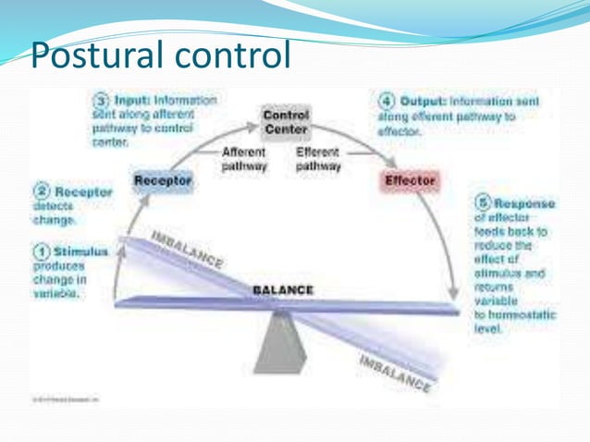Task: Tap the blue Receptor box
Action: coord(163,181)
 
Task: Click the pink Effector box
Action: coord(408,181)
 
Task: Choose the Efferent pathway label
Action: coord(317,159)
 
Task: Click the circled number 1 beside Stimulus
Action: coord(41,251)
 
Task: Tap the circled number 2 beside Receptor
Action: coord(41,192)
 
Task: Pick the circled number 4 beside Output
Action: coord(387,100)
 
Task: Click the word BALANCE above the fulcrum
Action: coord(284,290)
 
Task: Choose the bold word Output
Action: coord(423,100)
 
